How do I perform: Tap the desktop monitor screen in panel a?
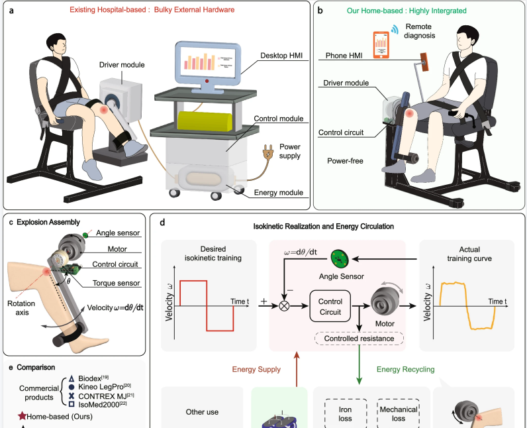205,64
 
